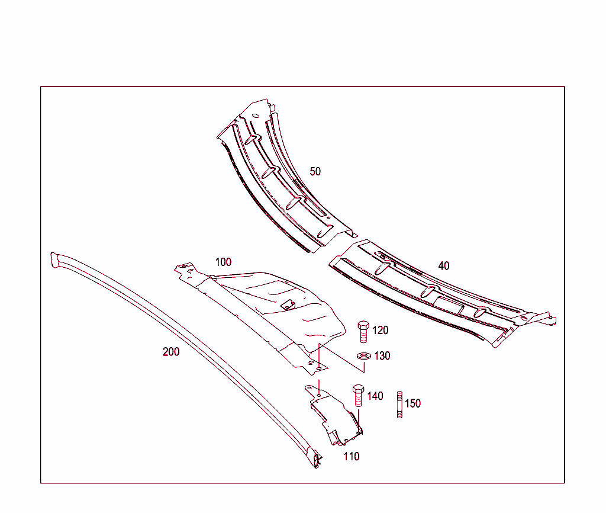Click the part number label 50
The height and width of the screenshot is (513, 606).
pyautogui.click(x=315, y=172)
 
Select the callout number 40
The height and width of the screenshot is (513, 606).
pyautogui.click(x=444, y=266)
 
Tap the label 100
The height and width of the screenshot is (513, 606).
pyautogui.click(x=223, y=262)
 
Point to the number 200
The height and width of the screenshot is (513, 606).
pyautogui.click(x=171, y=352)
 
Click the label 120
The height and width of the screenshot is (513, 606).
pyautogui.click(x=381, y=331)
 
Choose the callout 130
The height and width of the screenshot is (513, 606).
pyautogui.click(x=382, y=356)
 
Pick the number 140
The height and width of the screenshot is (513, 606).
pyautogui.click(x=375, y=396)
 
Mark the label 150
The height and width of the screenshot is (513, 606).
pyautogui.click(x=412, y=404)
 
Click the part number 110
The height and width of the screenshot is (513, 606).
pyautogui.click(x=352, y=457)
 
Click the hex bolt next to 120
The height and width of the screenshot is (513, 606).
pyautogui.click(x=363, y=332)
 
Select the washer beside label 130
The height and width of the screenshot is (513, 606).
pyautogui.click(x=363, y=356)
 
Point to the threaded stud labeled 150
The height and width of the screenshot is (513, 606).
pyautogui.click(x=399, y=405)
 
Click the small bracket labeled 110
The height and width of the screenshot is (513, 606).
pyautogui.click(x=334, y=415)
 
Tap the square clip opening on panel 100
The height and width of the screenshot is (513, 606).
pyautogui.click(x=288, y=304)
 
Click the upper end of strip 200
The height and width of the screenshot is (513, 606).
pyautogui.click(x=56, y=259)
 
